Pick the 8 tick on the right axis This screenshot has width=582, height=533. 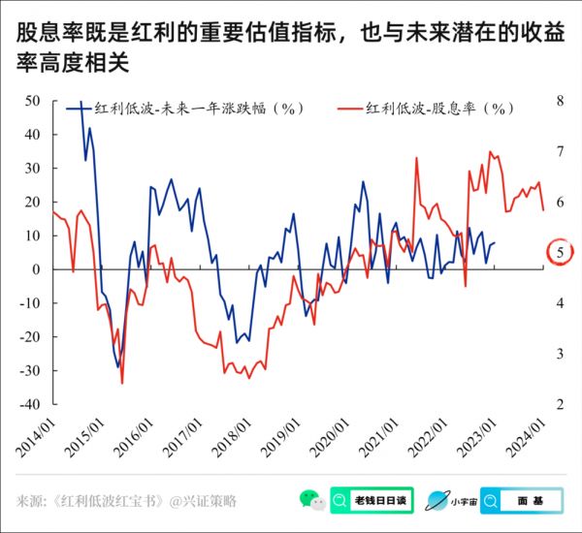[561, 101]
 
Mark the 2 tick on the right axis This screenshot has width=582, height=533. [561, 404]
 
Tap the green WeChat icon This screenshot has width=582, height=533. [311, 500]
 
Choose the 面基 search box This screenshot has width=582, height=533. [521, 500]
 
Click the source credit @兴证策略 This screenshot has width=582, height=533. [203, 501]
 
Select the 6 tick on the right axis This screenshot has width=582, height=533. [561, 202]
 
